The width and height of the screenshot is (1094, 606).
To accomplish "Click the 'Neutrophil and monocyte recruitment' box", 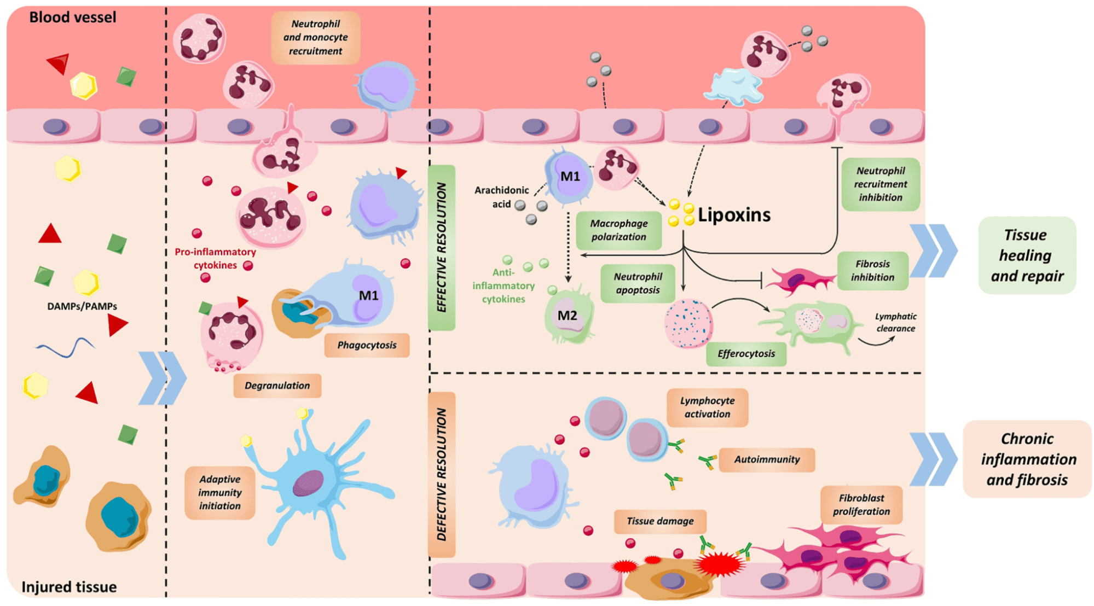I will click(315, 38).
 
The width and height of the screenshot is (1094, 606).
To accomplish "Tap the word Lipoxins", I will click(733, 215).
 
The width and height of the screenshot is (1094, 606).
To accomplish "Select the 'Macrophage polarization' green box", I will click(618, 230).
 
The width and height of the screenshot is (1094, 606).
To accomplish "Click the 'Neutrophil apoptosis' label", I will click(637, 283).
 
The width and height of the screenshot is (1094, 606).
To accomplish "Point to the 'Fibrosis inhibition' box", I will click(872, 271).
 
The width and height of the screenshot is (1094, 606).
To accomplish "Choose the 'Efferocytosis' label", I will click(746, 354).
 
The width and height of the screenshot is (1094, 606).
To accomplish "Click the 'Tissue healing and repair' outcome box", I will click(1027, 255).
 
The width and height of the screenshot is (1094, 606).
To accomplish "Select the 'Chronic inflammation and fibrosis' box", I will click(1027, 459).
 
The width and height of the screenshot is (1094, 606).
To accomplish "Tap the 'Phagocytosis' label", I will click(367, 345).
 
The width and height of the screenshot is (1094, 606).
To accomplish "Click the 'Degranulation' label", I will click(277, 386).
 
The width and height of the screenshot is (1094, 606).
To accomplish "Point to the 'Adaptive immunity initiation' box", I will click(219, 492).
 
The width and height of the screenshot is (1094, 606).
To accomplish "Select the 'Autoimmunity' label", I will click(766, 459).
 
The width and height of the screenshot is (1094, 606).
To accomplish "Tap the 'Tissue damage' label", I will click(659, 521).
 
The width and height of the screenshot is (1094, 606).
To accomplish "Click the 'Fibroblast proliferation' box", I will click(861, 505).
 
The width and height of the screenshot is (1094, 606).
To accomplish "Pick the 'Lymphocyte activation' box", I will click(707, 407).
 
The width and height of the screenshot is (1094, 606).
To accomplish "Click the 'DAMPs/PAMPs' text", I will click(82, 306).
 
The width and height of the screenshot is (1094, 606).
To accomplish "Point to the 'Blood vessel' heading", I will click(72, 18).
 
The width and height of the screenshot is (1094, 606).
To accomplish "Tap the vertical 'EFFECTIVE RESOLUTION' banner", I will click(441, 248).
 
